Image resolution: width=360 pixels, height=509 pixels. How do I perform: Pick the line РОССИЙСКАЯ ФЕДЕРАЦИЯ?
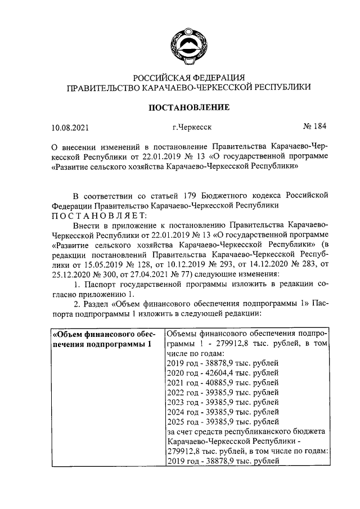(x=188, y=77)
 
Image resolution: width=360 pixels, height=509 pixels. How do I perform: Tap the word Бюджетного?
(x=226, y=195)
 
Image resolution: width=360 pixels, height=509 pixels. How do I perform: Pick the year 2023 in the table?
(x=177, y=403)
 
